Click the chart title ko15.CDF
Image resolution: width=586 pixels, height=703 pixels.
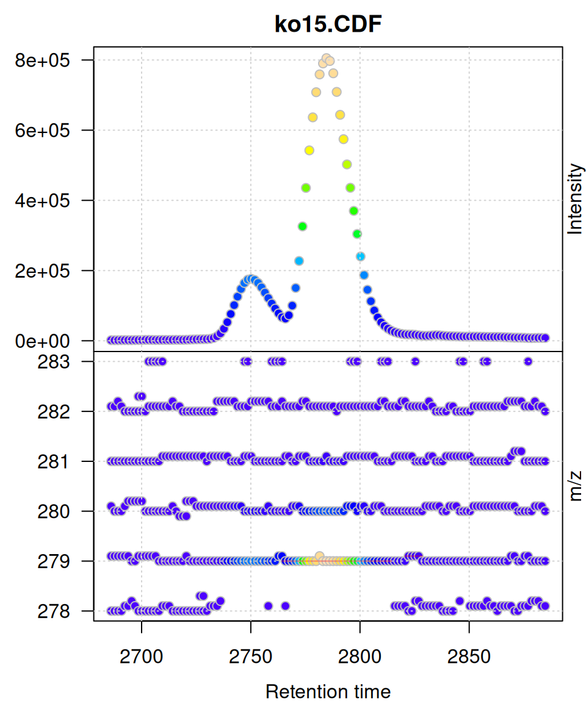click(328, 24)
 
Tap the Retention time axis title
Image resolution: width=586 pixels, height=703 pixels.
click(328, 692)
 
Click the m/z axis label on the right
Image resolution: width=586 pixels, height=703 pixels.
click(575, 486)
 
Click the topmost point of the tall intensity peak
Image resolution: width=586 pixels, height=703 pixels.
click(326, 59)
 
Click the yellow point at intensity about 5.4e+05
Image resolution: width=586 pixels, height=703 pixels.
click(309, 150)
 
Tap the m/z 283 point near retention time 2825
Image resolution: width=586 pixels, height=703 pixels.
click(415, 361)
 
